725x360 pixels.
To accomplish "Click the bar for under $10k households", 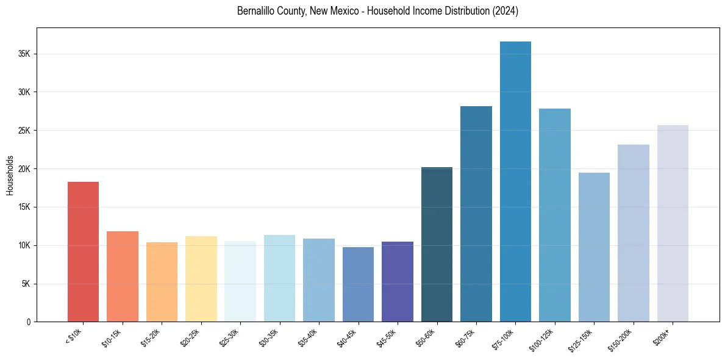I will [x=83, y=251].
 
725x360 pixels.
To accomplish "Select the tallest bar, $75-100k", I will [x=515, y=181].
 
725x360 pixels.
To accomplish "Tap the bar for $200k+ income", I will [x=673, y=223].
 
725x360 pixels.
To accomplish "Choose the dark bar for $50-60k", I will [x=437, y=244].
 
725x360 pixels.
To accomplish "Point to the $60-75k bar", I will [x=476, y=214].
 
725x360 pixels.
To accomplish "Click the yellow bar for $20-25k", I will [x=201, y=279].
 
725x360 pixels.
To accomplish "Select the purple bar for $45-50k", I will [x=398, y=281].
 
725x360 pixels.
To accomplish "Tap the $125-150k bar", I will [x=594, y=247].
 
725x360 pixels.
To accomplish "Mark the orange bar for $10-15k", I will [x=123, y=276].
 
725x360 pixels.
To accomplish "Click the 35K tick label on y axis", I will [x=24, y=54].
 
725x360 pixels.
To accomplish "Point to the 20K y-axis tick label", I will [x=24, y=169].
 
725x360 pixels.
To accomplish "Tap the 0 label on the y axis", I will [x=29, y=322].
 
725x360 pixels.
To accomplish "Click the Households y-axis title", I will [x=10, y=175].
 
